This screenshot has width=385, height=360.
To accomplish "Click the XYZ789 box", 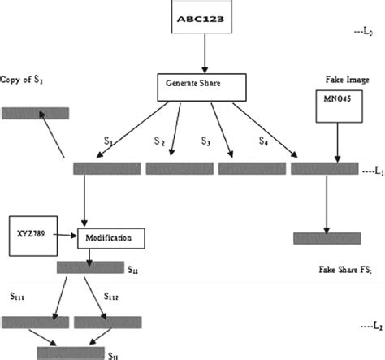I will (x=32, y=232).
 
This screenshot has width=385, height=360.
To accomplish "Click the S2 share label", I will (x=160, y=143).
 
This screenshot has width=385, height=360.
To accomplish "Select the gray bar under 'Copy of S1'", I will (x=35, y=113).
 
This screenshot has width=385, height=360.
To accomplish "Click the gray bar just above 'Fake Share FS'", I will (x=327, y=238).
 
